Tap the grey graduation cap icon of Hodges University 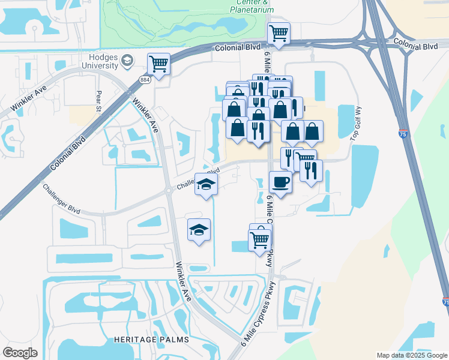coord(127,60)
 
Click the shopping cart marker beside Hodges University coord(159,64)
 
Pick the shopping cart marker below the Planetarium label coord(279,34)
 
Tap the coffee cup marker coord(280,182)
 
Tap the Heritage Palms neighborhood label coord(151,340)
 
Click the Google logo coord(20,353)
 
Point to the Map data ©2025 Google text coord(412,355)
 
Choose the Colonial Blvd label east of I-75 coord(415,45)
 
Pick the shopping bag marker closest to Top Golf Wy coord(312,131)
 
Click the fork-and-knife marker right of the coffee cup coord(312,171)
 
